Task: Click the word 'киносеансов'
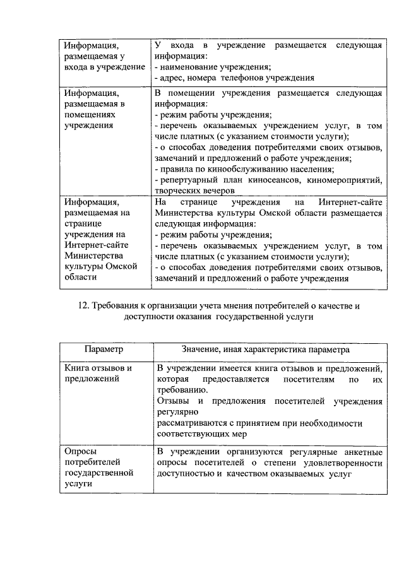coord(280,180)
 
